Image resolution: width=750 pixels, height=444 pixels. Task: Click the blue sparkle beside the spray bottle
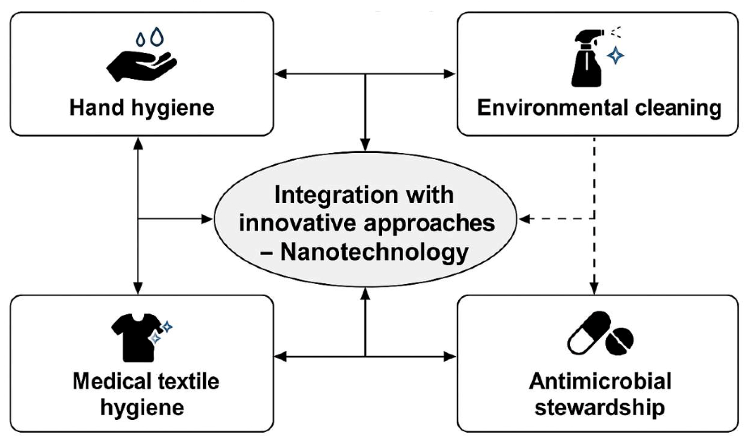(x=615, y=55)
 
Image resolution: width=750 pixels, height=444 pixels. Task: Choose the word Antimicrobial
(x=600, y=381)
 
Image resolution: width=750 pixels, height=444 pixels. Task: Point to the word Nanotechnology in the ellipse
(x=374, y=252)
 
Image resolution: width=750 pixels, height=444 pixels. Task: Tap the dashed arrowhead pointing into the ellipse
(x=524, y=219)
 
